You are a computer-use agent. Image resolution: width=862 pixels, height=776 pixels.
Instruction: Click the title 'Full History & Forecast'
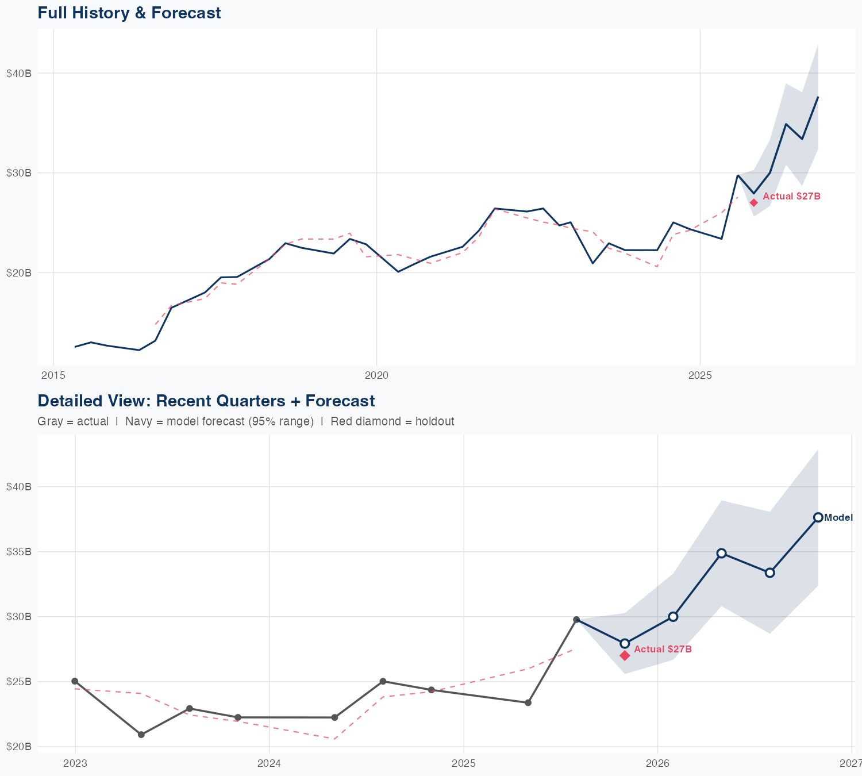129,13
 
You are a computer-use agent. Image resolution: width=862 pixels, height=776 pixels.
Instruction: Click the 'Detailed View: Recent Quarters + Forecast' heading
206,401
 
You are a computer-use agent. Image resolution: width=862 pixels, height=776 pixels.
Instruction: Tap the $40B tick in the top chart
18,73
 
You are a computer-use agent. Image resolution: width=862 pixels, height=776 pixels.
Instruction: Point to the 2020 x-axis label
376,375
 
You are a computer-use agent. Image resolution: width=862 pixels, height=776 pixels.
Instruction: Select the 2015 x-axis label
53,375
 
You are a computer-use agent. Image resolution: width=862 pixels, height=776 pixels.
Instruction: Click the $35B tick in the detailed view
18,552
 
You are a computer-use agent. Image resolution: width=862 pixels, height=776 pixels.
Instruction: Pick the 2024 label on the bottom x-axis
269,763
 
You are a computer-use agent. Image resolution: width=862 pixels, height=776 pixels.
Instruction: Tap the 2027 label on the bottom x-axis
851,763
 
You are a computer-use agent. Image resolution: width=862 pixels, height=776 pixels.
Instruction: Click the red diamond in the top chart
753,202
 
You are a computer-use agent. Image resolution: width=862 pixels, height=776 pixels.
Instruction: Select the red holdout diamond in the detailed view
625,655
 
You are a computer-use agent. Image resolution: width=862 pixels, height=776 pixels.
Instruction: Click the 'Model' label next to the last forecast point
838,517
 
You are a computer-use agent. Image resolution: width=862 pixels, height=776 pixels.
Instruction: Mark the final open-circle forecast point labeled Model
818,517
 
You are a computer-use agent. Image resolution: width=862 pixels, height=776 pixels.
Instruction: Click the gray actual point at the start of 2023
75,681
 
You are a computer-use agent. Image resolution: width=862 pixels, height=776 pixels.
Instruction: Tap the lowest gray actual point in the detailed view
141,735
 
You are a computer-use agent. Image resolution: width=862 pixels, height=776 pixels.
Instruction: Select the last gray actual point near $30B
576,620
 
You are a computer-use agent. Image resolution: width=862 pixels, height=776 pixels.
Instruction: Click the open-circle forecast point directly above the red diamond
625,643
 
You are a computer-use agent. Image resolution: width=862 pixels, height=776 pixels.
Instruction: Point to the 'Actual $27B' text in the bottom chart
663,649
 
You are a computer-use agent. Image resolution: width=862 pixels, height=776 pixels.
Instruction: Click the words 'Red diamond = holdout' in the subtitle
392,421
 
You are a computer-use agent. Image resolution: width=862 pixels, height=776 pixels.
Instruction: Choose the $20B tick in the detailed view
18,747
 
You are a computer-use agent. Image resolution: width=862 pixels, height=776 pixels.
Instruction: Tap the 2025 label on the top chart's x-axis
700,375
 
